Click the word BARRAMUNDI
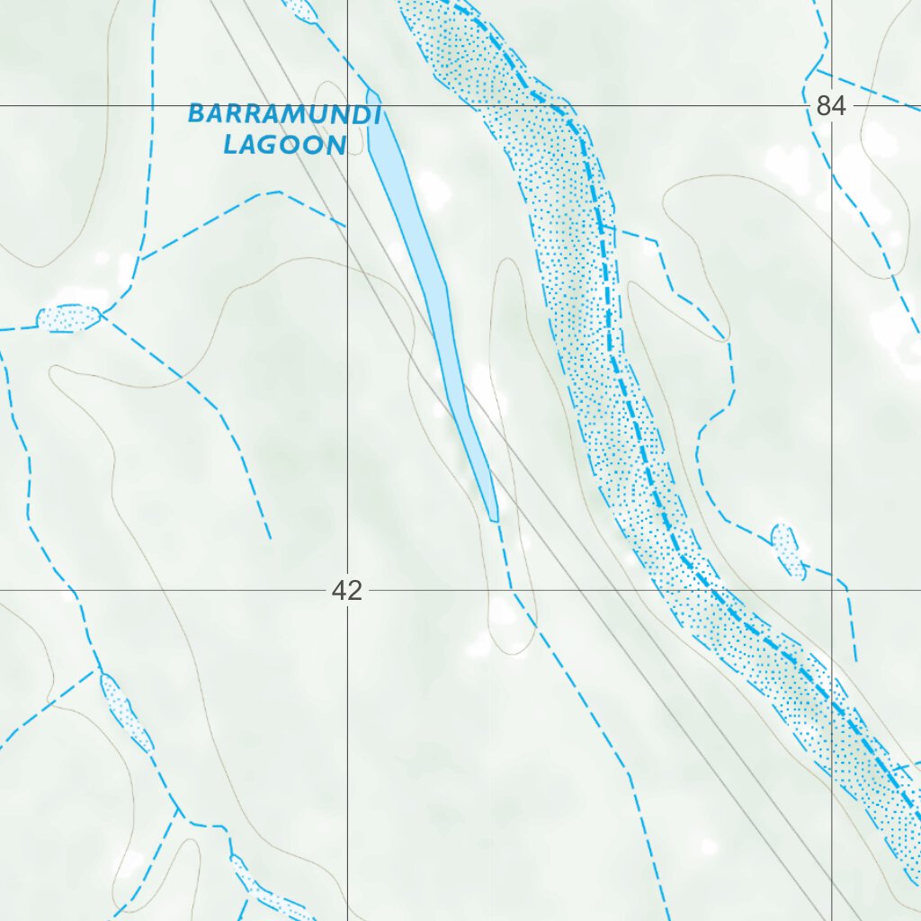[284, 115]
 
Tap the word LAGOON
[284, 145]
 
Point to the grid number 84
[830, 106]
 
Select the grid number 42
[346, 591]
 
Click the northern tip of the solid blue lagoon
[371, 92]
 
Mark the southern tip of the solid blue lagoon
[494, 520]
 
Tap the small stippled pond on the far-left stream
[68, 317]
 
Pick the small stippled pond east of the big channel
[787, 550]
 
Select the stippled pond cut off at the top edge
[300, 9]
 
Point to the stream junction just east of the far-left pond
[102, 313]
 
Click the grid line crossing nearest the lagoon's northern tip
[348, 105]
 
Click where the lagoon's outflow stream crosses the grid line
[511, 591]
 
